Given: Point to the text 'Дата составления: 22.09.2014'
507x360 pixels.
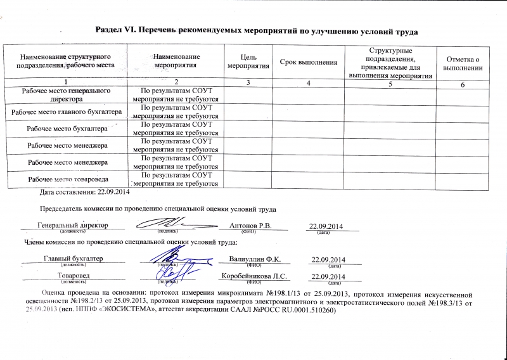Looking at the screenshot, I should pyautogui.click(x=84, y=191).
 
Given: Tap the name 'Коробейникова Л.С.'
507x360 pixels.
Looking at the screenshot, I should pyautogui.click(x=254, y=276).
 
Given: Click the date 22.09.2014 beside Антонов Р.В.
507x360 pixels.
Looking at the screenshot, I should pyautogui.click(x=325, y=227).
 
